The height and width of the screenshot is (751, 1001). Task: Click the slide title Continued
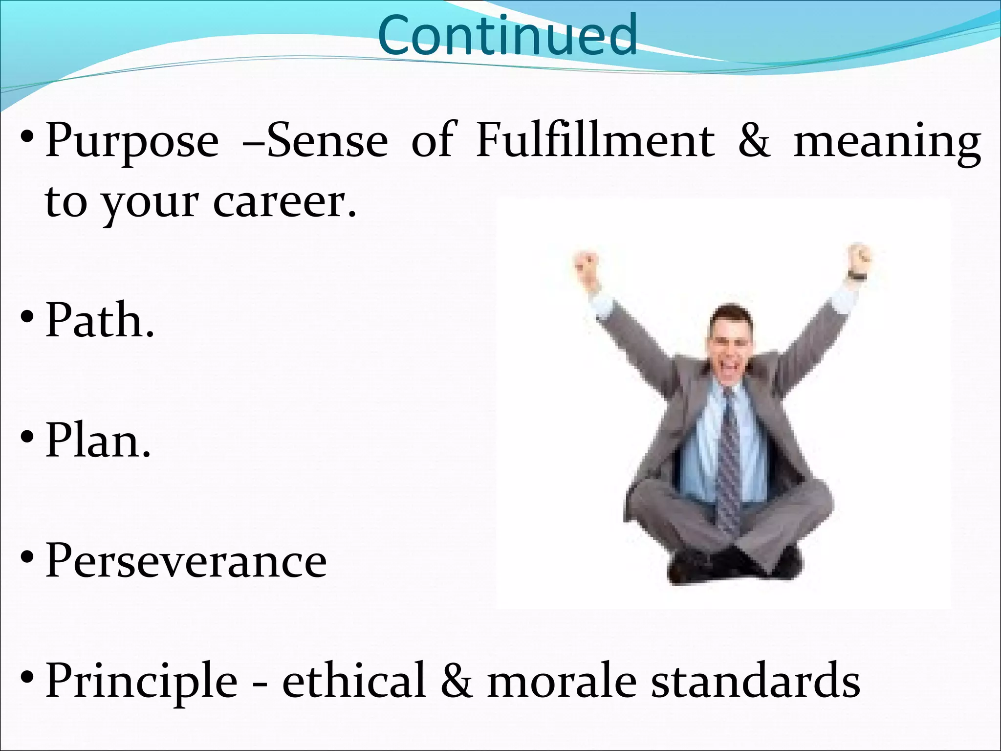point(507,35)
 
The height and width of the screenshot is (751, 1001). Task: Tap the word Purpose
point(132,142)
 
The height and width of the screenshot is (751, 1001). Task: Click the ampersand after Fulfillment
point(754,142)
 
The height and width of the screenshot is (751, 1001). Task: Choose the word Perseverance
point(186,561)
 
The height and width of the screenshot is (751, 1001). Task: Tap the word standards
point(755,681)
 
